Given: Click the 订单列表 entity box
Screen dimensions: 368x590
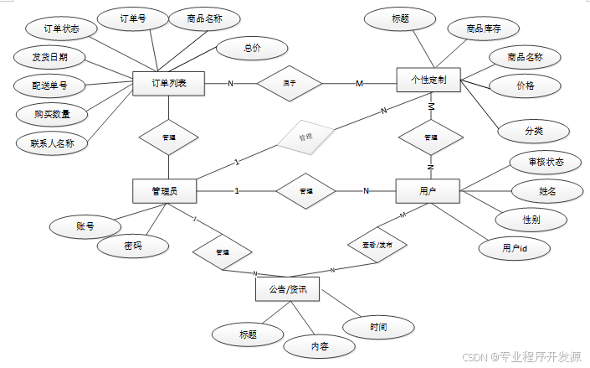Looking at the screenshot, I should coord(168,83).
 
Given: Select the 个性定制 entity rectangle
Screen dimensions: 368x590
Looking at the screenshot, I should coord(429,82).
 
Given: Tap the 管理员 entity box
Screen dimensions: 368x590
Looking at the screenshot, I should coord(166,191).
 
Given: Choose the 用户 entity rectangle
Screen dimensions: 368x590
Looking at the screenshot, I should coord(428,191).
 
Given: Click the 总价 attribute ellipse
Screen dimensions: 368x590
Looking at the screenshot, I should coord(252,48).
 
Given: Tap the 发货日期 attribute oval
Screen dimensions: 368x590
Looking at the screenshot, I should coord(44,57).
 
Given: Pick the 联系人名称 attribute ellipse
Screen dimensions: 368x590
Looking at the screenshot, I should coord(52,143).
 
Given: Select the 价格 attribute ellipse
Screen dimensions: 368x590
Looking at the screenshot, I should coord(525,86).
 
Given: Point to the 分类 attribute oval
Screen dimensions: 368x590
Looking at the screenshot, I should coord(533,131).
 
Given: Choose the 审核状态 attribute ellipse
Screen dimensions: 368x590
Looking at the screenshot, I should coord(546,162).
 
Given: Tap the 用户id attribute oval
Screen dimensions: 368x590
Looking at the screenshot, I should coord(514,248).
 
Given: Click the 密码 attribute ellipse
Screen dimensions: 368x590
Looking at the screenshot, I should coord(132,246).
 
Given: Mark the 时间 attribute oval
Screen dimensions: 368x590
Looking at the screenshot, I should coord(377,325).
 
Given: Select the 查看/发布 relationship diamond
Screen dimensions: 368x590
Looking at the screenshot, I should coord(377,244).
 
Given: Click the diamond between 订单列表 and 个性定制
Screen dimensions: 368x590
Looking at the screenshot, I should coord(289,83).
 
